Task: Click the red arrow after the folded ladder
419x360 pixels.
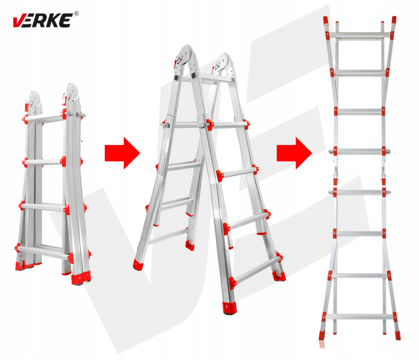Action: coord(122,153)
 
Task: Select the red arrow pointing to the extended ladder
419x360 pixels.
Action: coord(294,153)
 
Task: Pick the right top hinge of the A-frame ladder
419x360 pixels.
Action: coord(224,63)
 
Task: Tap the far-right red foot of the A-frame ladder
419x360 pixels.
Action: coord(279,275)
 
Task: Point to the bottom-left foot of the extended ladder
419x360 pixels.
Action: coord(324,333)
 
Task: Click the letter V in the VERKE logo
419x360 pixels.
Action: coord(19,21)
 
